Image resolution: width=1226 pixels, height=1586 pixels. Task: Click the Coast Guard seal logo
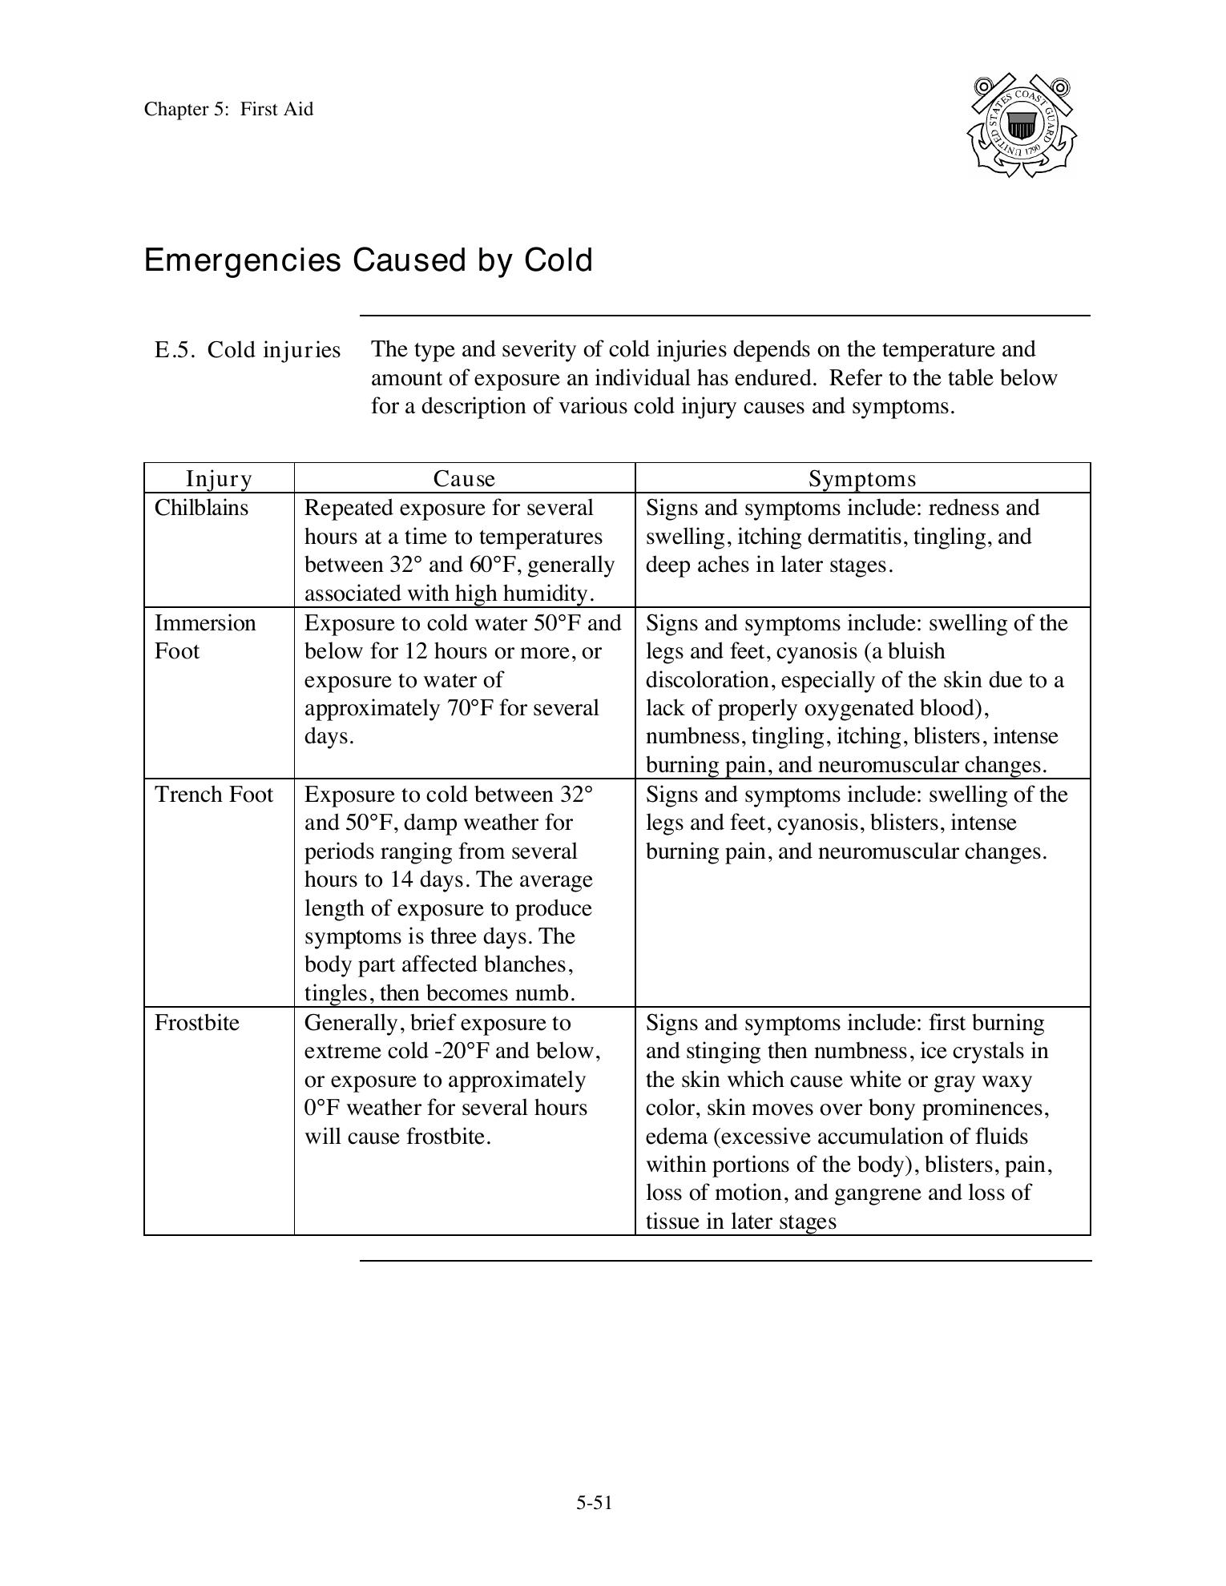pyautogui.click(x=1022, y=126)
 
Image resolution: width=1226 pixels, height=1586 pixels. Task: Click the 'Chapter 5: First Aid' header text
pyautogui.click(x=228, y=109)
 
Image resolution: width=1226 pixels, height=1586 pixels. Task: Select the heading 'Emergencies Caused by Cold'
pyautogui.click(x=368, y=260)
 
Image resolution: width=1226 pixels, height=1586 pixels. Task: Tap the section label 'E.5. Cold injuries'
pyautogui.click(x=248, y=350)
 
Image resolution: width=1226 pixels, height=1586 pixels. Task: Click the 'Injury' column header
pyautogui.click(x=219, y=478)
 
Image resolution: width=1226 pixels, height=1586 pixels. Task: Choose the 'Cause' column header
pyautogui.click(x=464, y=478)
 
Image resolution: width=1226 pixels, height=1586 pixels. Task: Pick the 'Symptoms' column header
pyautogui.click(x=862, y=478)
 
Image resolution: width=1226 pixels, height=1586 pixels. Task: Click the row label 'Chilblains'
pyautogui.click(x=201, y=508)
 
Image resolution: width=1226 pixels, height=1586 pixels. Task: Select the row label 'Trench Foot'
pyautogui.click(x=214, y=795)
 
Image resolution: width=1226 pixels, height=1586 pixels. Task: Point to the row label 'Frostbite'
pyautogui.click(x=196, y=1023)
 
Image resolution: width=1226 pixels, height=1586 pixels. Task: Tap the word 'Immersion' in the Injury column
pyautogui.click(x=205, y=623)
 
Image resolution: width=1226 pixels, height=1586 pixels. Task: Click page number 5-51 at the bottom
pyautogui.click(x=594, y=1503)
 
